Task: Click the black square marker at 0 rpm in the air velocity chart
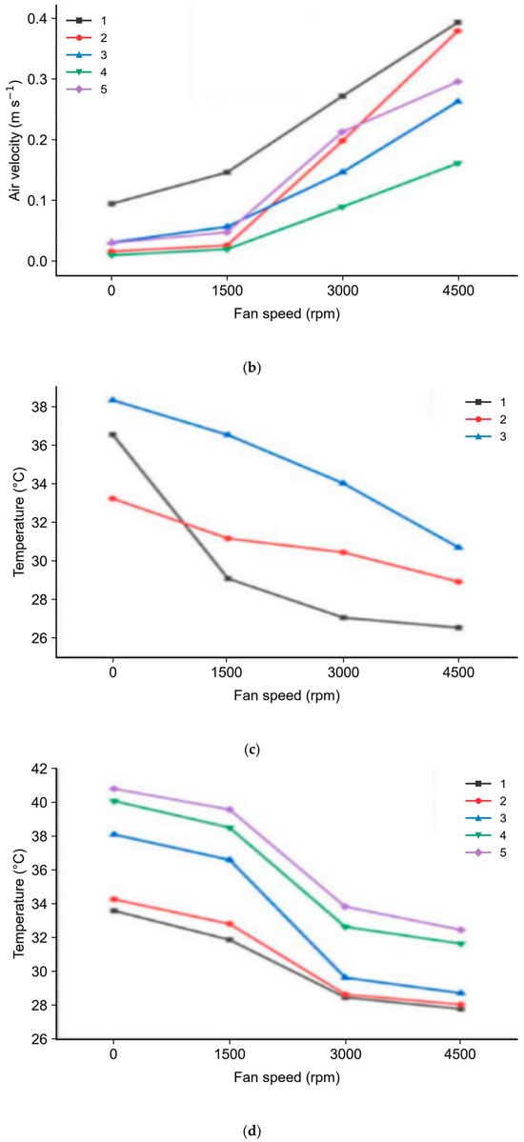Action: pos(111,203)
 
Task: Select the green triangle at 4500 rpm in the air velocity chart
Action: pos(458,163)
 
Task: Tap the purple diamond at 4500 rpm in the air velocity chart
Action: pos(458,82)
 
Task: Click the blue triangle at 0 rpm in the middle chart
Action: pos(113,400)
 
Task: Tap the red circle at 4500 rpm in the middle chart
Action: pos(458,582)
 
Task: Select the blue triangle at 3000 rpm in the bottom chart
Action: pos(345,977)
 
